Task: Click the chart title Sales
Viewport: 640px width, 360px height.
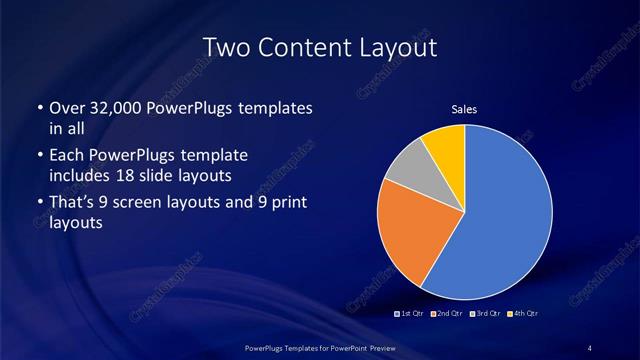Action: pyautogui.click(x=465, y=110)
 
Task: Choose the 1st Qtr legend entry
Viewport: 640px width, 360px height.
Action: pyautogui.click(x=411, y=314)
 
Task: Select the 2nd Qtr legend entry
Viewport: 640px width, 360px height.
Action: pyautogui.click(x=448, y=314)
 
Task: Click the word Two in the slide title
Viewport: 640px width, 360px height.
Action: pyautogui.click(x=227, y=47)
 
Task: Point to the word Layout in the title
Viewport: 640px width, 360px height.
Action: pyautogui.click(x=397, y=47)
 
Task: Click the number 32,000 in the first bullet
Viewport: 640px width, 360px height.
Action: pyautogui.click(x=118, y=108)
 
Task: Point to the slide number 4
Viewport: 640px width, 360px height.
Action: pyautogui.click(x=590, y=347)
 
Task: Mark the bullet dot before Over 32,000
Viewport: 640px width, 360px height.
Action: pyautogui.click(x=38, y=108)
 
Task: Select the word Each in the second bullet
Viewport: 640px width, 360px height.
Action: pyautogui.click(x=66, y=156)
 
